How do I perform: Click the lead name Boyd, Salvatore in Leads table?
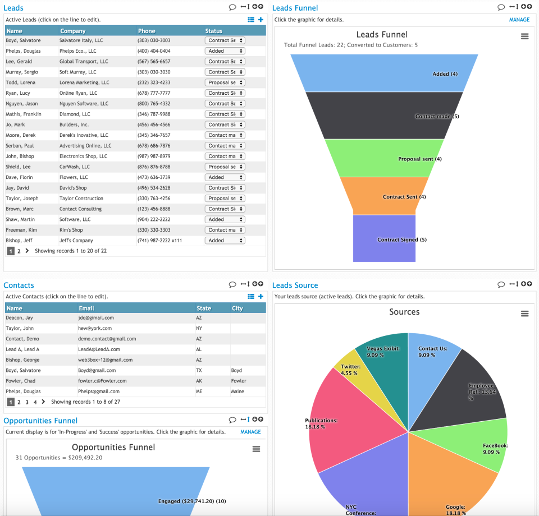pyautogui.click(x=23, y=40)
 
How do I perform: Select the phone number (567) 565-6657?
pyautogui.click(x=153, y=62)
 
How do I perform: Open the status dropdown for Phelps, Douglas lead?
pyautogui.click(x=225, y=51)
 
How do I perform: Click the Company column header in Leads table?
pyautogui.click(x=73, y=31)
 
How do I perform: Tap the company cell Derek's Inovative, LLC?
pyautogui.click(x=84, y=135)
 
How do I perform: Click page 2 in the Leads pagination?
pyautogui.click(x=19, y=251)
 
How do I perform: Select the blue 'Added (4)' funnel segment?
pyautogui.click(x=384, y=73)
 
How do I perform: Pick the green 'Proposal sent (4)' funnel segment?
pyautogui.click(x=384, y=159)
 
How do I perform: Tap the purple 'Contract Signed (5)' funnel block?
pyautogui.click(x=384, y=239)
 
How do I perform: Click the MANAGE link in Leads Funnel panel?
pyautogui.click(x=519, y=20)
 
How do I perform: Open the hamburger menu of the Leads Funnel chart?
pyautogui.click(x=524, y=36)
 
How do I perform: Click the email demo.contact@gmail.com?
pyautogui.click(x=107, y=339)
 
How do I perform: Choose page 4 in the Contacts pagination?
pyautogui.click(x=35, y=402)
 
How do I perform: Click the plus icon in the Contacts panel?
pyautogui.click(x=261, y=296)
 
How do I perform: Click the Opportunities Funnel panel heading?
pyautogui.click(x=40, y=421)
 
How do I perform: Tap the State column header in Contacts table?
pyautogui.click(x=204, y=308)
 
